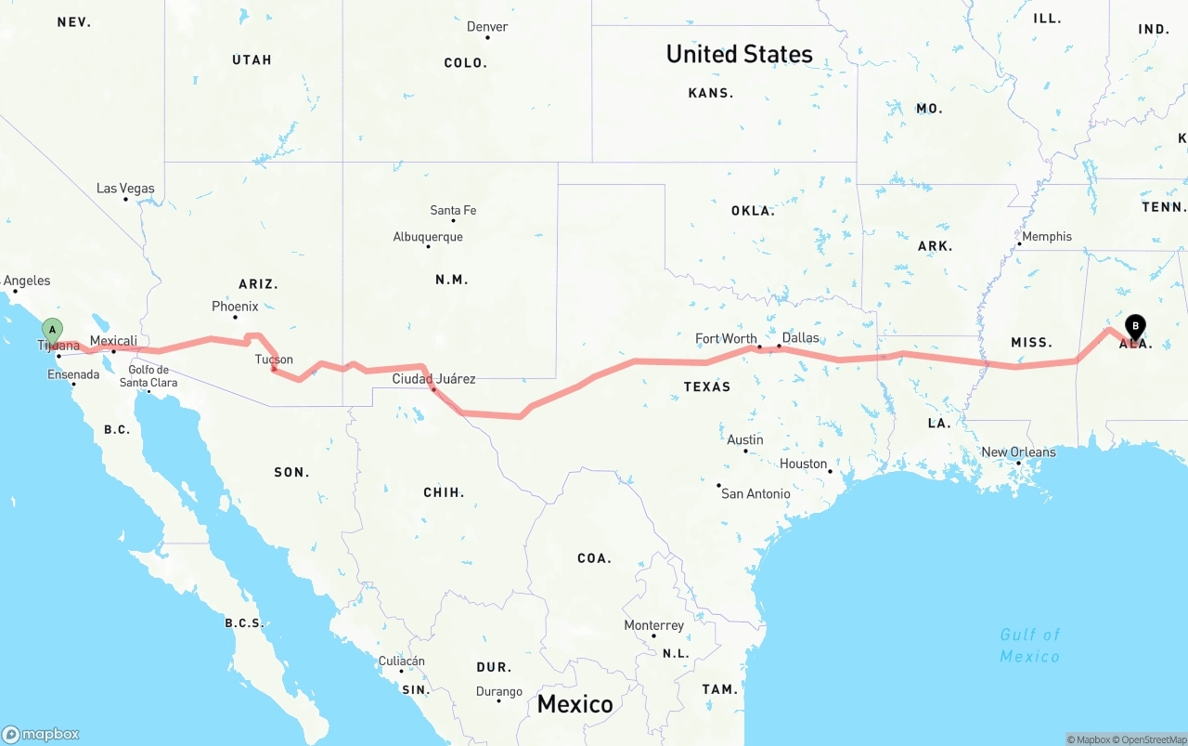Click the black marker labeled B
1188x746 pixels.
[1134, 326]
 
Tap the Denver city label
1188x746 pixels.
[487, 27]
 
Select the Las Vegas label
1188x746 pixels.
[125, 189]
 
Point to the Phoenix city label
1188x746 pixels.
[235, 306]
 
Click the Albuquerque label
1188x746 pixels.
[428, 237]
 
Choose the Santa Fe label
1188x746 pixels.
[453, 211]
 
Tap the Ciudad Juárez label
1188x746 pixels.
[433, 378]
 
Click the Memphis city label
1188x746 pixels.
[1046, 237]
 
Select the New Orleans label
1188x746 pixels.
[1018, 452]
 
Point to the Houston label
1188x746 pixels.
[804, 464]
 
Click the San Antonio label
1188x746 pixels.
[755, 493]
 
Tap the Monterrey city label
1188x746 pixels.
[653, 625]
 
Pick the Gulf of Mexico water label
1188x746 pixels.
[1029, 645]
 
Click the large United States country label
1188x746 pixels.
[739, 54]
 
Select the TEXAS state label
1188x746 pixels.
[707, 386]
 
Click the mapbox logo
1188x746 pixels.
[41, 734]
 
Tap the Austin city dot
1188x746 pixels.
[745, 452]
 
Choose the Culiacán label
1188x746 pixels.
[402, 661]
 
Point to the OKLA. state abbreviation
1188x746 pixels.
[753, 211]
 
